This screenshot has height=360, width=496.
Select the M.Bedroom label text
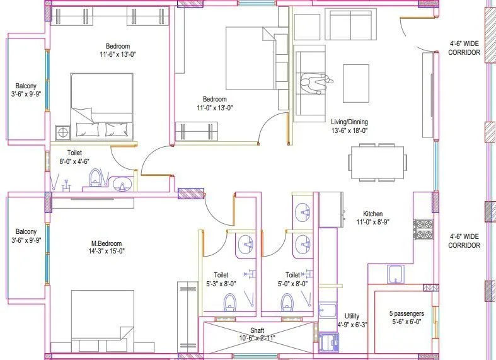tap(106, 243)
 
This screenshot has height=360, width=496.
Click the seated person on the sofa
tap(313, 83)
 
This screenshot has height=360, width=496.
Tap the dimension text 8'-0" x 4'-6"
tap(79, 161)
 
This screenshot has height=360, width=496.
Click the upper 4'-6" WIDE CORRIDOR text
tap(464, 49)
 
